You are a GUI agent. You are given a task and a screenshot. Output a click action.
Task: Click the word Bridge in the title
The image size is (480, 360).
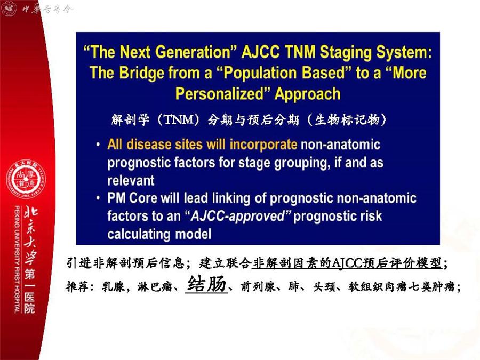click(142, 73)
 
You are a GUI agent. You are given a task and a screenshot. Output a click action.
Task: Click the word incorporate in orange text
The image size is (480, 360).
click(263, 145)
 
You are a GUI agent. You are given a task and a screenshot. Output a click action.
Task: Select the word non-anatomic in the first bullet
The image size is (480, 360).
click(341, 145)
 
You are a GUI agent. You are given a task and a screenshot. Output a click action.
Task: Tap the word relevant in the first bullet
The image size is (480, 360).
click(131, 180)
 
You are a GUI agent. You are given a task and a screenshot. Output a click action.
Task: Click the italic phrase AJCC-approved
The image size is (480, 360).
click(238, 216)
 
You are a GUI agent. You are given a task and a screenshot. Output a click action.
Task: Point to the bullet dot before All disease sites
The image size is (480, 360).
click(98, 145)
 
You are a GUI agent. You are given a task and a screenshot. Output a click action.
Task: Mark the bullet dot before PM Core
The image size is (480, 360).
click(98, 198)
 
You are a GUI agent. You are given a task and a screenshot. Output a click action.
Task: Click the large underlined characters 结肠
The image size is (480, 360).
click(206, 284)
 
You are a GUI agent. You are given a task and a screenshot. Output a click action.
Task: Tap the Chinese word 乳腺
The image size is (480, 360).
click(113, 286)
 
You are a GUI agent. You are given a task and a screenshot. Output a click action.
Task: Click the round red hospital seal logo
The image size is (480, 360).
click(26, 179)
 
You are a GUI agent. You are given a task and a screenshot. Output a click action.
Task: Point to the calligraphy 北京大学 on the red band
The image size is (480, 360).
click(30, 236)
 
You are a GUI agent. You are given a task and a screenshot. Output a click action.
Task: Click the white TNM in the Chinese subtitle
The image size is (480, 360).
click(179, 119)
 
